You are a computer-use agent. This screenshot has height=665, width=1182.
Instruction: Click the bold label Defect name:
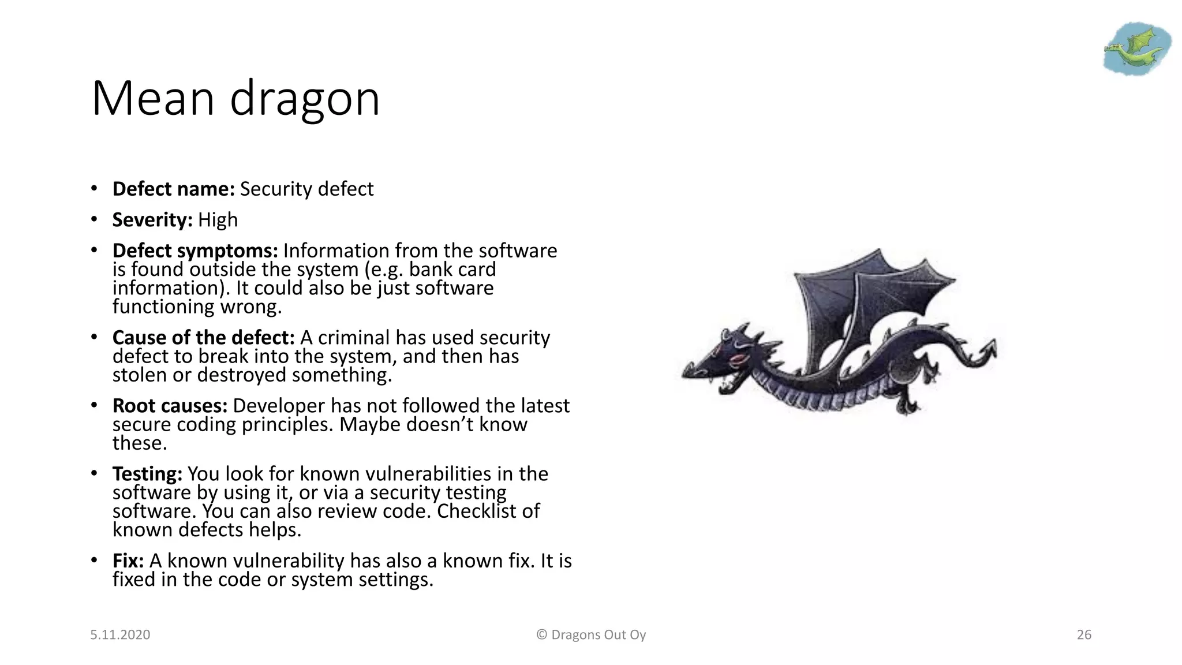(x=173, y=189)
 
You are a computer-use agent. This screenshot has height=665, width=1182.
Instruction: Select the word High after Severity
(x=218, y=220)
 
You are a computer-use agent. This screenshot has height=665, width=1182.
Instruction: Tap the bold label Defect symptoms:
(x=195, y=251)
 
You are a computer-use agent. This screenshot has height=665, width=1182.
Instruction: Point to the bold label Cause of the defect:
(x=203, y=338)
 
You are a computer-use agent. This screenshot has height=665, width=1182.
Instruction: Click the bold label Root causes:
(x=170, y=406)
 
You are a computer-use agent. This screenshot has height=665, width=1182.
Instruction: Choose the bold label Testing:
(x=147, y=474)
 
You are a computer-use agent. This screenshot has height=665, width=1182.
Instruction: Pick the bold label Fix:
(x=128, y=561)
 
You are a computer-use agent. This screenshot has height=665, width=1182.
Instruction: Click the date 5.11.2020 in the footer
(x=120, y=635)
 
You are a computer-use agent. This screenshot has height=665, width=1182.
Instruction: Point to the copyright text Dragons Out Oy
(x=598, y=635)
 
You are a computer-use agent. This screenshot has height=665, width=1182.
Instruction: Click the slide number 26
(x=1084, y=635)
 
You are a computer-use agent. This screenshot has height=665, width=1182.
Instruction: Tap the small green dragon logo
(x=1136, y=48)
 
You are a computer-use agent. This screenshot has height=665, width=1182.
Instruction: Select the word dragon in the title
(x=305, y=99)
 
